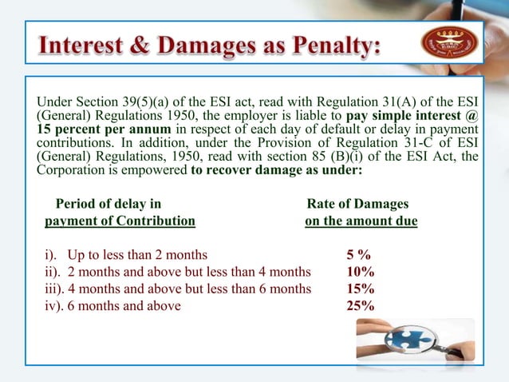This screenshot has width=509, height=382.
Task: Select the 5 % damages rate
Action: [357, 255]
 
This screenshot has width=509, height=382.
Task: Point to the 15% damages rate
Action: [360, 288]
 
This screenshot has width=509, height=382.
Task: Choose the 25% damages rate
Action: [360, 305]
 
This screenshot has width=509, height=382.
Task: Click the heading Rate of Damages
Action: [357, 204]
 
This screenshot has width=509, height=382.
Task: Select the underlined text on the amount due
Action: [361, 221]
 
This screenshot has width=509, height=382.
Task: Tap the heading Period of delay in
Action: [108, 204]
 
